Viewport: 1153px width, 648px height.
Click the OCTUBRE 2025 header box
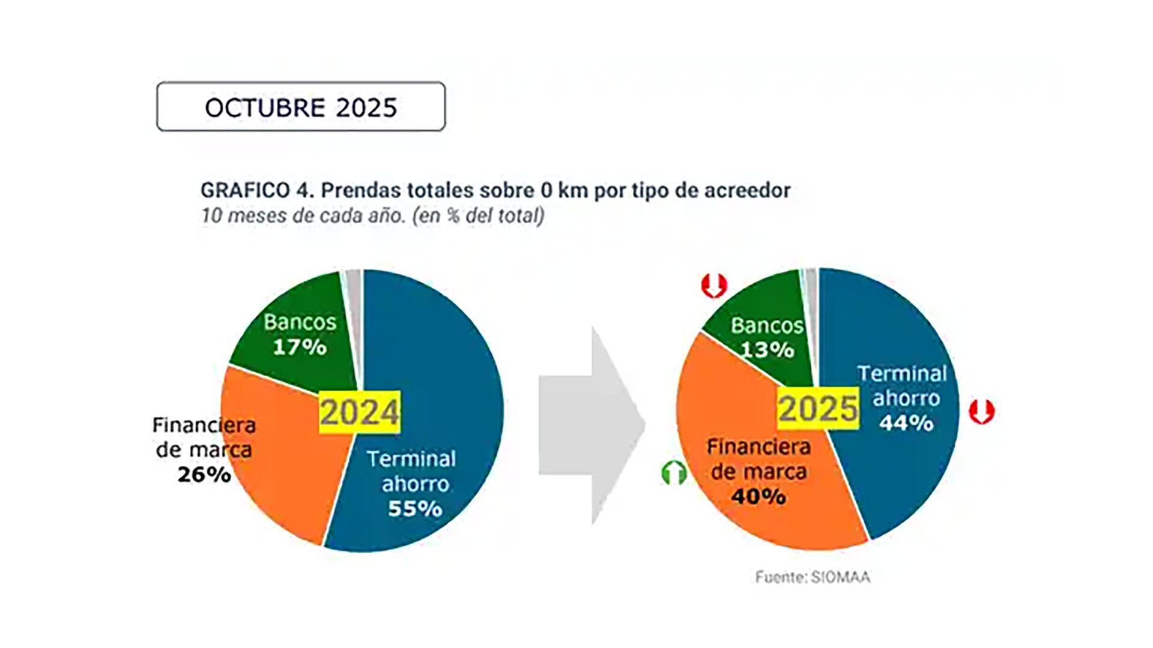(301, 107)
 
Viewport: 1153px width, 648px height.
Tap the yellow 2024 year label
(359, 412)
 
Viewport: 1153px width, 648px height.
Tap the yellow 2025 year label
(818, 409)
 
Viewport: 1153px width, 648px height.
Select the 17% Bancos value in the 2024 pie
(300, 347)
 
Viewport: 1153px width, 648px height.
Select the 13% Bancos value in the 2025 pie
(767, 349)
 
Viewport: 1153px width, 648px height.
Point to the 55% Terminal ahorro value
(415, 509)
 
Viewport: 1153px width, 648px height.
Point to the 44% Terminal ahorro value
(906, 423)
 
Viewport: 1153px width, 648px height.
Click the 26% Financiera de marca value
(204, 475)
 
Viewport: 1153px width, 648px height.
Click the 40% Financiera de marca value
(758, 496)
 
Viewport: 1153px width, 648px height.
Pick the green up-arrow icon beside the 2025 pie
(674, 473)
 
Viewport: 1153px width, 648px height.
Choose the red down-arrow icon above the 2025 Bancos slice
(714, 286)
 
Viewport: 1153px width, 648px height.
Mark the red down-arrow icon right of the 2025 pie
(982, 412)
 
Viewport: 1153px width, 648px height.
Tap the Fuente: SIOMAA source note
(813, 577)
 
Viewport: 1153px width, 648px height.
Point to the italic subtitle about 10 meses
(372, 215)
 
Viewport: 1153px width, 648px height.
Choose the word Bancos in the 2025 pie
(767, 325)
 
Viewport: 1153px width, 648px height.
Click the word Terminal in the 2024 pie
(411, 459)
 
